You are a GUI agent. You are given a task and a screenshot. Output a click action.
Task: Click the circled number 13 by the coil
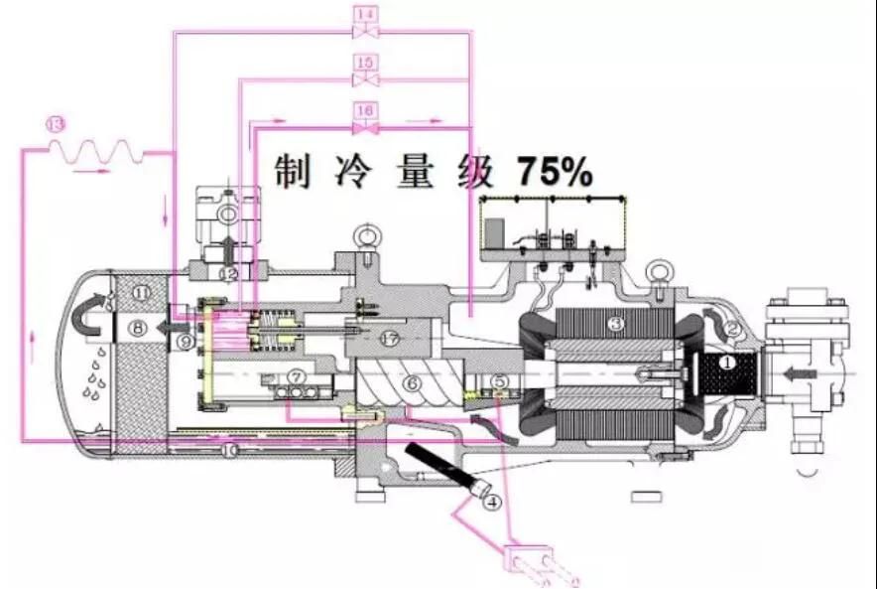tap(56, 124)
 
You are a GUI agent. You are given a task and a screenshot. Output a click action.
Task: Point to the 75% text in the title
tap(554, 173)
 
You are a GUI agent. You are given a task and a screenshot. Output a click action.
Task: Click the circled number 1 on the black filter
tap(726, 364)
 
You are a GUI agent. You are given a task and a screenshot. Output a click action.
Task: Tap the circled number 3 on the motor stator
tap(615, 324)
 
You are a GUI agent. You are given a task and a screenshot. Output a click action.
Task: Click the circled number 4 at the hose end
tap(491, 503)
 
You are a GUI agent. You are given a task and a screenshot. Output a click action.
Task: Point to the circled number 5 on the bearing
tap(500, 380)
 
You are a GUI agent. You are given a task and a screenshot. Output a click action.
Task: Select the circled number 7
tap(296, 376)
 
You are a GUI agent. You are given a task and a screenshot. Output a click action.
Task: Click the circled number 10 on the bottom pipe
tap(230, 450)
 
